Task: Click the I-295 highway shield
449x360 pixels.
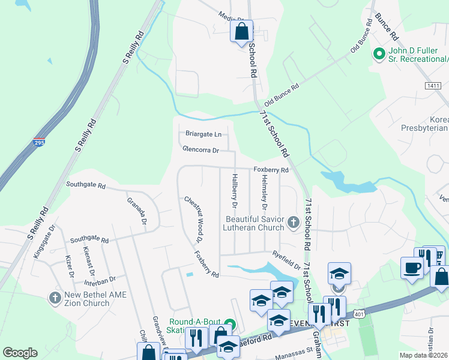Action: [35, 144]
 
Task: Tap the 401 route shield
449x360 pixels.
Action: [359, 314]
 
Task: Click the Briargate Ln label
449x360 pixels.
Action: [203, 133]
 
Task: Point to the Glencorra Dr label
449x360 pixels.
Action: [201, 149]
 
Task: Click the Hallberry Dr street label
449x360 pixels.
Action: [235, 191]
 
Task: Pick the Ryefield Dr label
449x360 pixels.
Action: [286, 260]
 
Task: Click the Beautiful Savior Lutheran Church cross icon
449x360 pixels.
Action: [293, 223]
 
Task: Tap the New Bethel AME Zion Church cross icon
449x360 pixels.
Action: [55, 298]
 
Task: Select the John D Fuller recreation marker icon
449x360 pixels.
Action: [379, 55]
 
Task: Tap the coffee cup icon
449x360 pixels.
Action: [412, 268]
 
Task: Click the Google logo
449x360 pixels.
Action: [20, 353]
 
